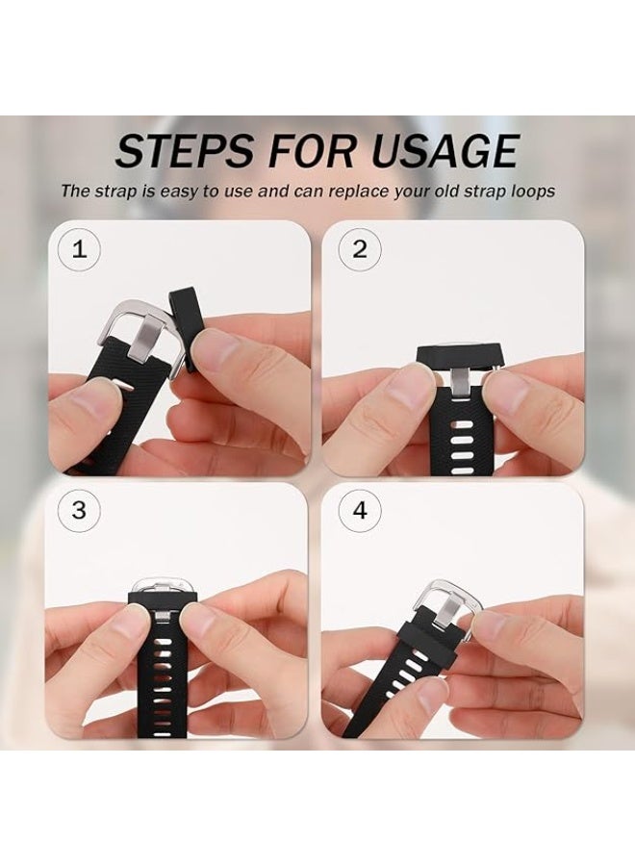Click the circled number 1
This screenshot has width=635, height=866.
(79, 250)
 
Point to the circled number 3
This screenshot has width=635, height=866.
(79, 511)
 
